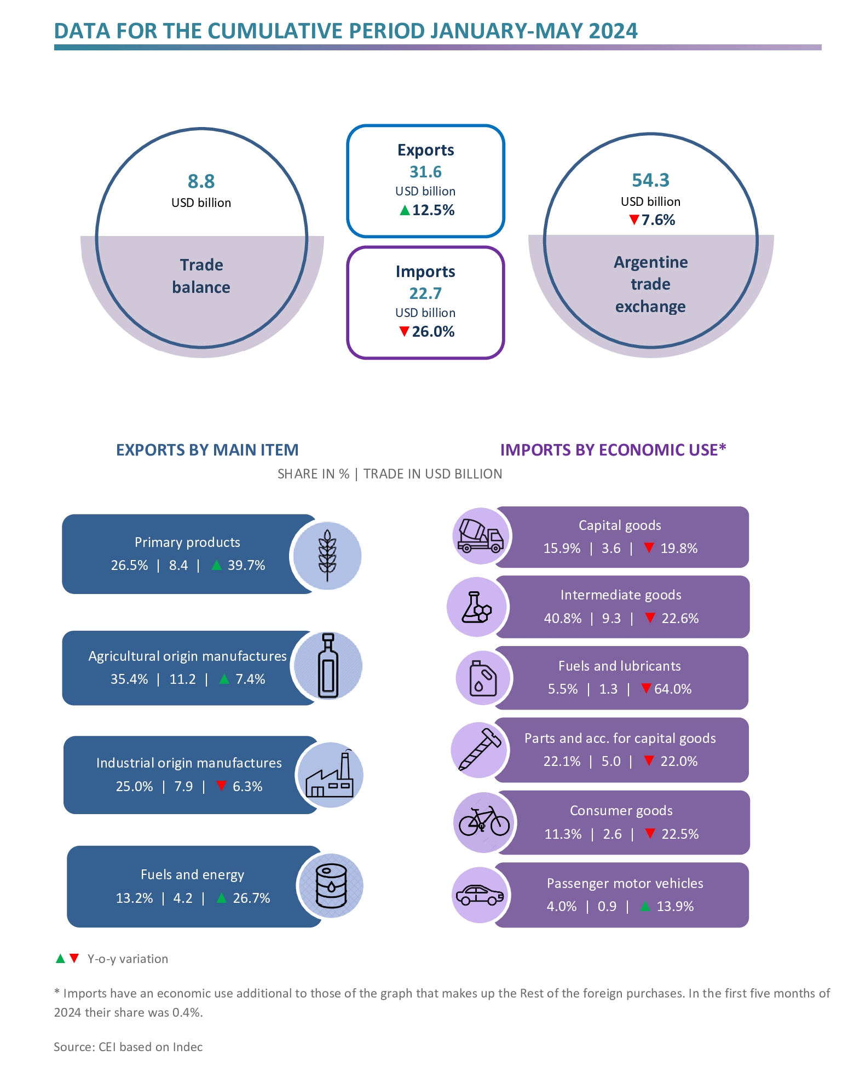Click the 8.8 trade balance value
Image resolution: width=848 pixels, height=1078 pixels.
pos(201,181)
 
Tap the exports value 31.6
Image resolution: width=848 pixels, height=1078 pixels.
pos(425,172)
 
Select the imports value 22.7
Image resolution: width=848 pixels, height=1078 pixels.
pos(425,293)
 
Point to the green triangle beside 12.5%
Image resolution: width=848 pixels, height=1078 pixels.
pos(405,210)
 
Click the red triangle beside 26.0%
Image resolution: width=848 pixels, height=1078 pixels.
pos(404,331)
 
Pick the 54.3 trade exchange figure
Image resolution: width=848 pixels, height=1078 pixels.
pos(650,180)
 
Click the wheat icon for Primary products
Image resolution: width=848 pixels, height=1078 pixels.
pos(327,555)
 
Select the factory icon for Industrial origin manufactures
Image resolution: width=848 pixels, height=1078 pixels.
pos(330,775)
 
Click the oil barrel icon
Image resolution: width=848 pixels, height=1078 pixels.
pos(331,885)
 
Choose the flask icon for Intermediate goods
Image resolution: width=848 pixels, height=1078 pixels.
pos(476,607)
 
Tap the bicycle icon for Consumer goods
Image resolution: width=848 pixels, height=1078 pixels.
pos(484,822)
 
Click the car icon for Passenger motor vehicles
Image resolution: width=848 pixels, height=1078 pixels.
pos(480,895)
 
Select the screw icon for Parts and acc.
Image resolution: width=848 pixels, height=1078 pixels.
pos(480,750)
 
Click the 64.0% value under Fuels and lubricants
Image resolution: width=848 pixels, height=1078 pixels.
pos(673,689)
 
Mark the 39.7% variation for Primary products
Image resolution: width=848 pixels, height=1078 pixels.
pos(246,565)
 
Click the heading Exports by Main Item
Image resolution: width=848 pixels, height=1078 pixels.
pos(207,450)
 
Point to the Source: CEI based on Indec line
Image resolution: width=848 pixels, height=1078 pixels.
pos(128,1047)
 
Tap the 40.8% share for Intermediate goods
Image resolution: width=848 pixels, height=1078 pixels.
pos(562,618)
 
